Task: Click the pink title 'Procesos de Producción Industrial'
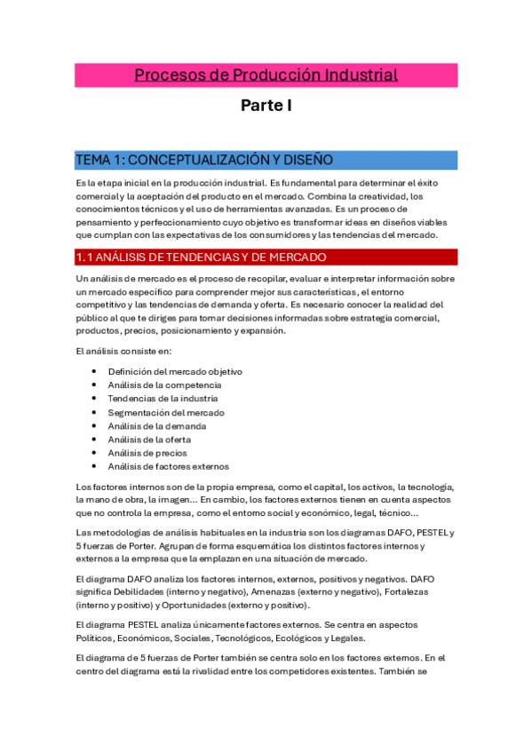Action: click(x=266, y=75)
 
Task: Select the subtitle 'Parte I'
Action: click(x=266, y=107)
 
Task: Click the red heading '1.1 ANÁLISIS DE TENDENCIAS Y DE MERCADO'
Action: click(x=202, y=258)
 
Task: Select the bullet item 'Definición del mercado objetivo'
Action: click(x=175, y=371)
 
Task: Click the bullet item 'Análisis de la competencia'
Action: click(x=164, y=385)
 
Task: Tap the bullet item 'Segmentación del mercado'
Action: click(x=166, y=412)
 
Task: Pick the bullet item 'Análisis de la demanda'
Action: click(x=157, y=426)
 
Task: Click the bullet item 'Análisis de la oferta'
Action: click(x=149, y=440)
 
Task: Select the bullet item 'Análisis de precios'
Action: click(x=147, y=453)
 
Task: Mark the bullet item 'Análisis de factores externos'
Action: click(x=169, y=466)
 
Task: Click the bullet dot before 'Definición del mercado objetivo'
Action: click(x=95, y=372)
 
